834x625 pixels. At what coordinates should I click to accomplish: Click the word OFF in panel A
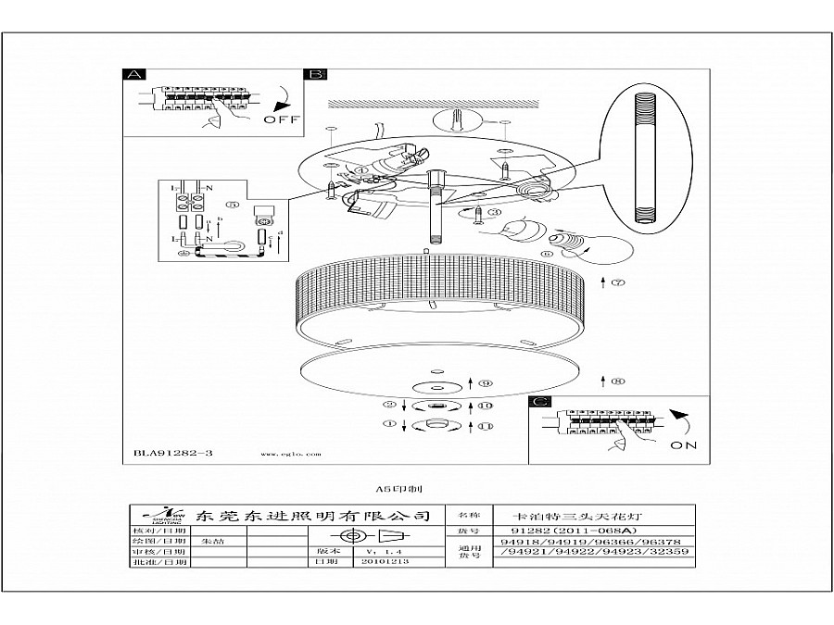(x=281, y=119)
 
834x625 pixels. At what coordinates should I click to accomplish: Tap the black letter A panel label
(x=135, y=74)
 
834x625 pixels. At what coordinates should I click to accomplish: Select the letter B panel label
(x=315, y=74)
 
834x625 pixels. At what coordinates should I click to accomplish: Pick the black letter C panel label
(x=540, y=402)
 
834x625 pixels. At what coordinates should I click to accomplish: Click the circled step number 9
(x=486, y=382)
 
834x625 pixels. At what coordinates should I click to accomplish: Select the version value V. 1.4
(x=376, y=549)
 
